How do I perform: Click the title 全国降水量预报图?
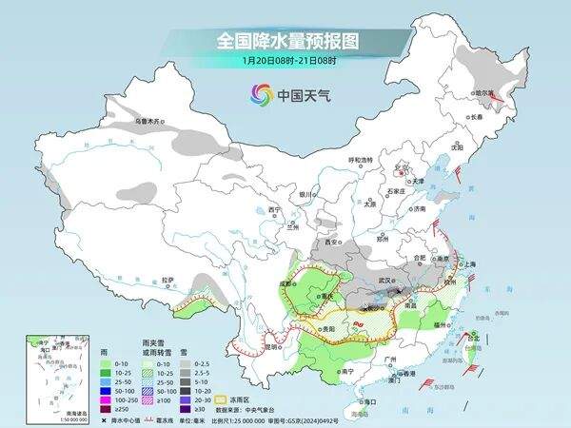click(x=285, y=41)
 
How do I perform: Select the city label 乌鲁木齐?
click(x=149, y=121)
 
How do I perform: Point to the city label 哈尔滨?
click(x=484, y=93)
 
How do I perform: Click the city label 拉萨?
click(x=167, y=280)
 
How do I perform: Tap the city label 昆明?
click(x=246, y=346)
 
